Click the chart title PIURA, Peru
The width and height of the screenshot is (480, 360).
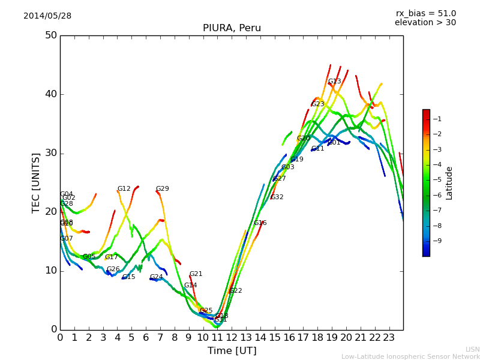(x=232, y=28)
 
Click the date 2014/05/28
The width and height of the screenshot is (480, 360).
(x=47, y=16)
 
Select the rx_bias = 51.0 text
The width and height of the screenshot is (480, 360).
(x=426, y=13)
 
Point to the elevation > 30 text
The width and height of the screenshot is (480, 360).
(x=425, y=23)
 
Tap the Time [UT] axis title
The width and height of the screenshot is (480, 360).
(x=232, y=351)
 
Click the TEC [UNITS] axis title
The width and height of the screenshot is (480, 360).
(x=36, y=182)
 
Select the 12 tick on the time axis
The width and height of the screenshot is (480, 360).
(x=232, y=338)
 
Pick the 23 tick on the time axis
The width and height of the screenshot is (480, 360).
(x=389, y=338)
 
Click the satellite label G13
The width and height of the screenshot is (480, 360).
(x=334, y=82)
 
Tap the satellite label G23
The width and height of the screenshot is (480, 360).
(x=317, y=104)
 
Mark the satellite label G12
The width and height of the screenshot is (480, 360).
(x=124, y=189)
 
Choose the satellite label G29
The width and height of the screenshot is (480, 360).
(x=162, y=189)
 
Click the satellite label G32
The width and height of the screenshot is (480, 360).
(x=277, y=197)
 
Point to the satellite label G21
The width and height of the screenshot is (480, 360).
(x=196, y=274)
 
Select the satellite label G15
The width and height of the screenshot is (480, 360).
(x=128, y=277)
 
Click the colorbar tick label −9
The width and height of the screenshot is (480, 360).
(x=438, y=241)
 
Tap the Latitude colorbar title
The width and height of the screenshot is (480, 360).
(x=449, y=183)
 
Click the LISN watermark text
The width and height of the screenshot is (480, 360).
(x=472, y=349)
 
